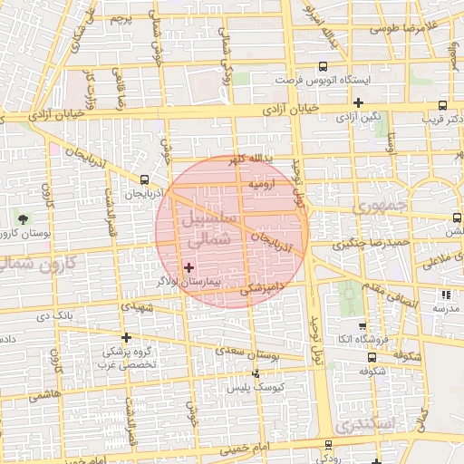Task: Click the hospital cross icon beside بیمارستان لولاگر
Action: click(188, 266)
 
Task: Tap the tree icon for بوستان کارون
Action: click(23, 218)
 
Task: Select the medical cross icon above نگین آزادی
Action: click(360, 103)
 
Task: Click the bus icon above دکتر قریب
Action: click(443, 104)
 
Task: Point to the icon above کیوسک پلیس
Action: click(256, 372)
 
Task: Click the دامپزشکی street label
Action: click(262, 288)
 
